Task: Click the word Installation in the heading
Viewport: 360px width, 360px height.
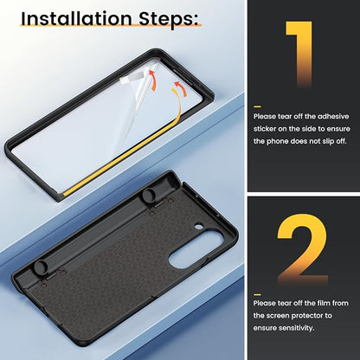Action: point(76,19)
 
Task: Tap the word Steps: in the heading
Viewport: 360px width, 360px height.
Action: point(169,20)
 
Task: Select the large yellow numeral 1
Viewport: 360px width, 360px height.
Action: point(300,55)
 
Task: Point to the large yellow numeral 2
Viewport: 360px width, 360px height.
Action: point(302,248)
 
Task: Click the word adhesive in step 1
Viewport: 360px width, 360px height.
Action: point(333,117)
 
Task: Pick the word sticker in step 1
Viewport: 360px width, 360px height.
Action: point(265,129)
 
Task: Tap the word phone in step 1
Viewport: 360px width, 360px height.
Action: point(278,142)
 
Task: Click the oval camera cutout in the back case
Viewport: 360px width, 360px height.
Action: point(196,248)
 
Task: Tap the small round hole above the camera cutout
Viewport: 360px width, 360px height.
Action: point(198,227)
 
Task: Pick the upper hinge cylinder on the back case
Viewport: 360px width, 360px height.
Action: point(149,196)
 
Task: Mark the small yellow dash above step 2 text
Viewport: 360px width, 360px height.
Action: point(257,294)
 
